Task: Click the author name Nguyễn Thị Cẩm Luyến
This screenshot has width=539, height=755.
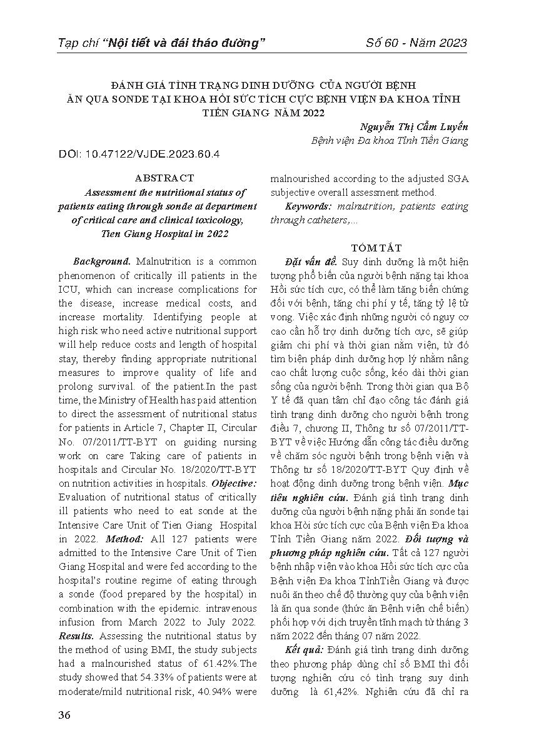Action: coord(414,126)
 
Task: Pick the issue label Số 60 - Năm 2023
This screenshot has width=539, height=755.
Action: coord(416,43)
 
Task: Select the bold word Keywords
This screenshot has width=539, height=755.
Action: coord(308,206)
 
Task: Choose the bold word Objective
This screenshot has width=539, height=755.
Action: coord(234,484)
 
